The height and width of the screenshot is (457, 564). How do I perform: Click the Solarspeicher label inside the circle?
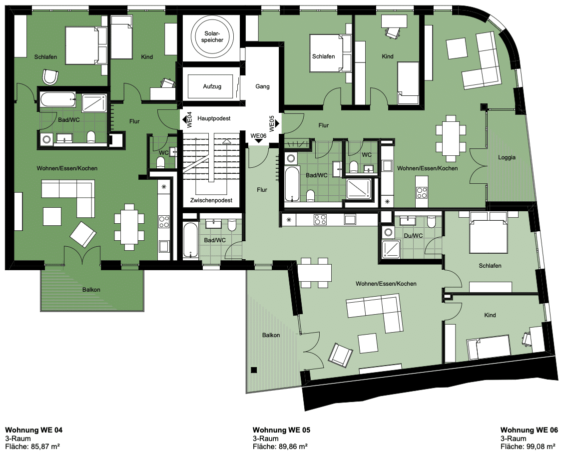point(212,36)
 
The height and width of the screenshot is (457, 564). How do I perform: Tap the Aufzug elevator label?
point(212,86)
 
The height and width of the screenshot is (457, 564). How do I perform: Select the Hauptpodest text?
point(214,118)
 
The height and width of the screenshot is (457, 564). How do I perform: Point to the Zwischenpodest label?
point(211,200)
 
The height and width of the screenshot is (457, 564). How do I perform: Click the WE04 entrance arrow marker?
point(184,119)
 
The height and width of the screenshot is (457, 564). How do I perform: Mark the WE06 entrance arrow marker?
point(258,141)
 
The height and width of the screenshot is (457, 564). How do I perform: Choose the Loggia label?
point(507,157)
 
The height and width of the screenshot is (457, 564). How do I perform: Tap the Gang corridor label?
point(262,86)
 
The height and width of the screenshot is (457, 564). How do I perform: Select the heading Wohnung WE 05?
point(281,430)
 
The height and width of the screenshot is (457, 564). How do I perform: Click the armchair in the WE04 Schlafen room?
point(50,77)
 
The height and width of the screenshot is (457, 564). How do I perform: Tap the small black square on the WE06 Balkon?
point(254,370)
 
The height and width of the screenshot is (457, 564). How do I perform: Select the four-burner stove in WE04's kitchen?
point(164,221)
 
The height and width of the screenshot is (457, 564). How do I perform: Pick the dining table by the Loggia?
point(451,138)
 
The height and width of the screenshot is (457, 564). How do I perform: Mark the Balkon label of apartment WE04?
point(91,290)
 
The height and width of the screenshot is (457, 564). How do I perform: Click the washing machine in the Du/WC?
point(388,232)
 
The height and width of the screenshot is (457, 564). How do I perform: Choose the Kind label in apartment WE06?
point(490,315)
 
